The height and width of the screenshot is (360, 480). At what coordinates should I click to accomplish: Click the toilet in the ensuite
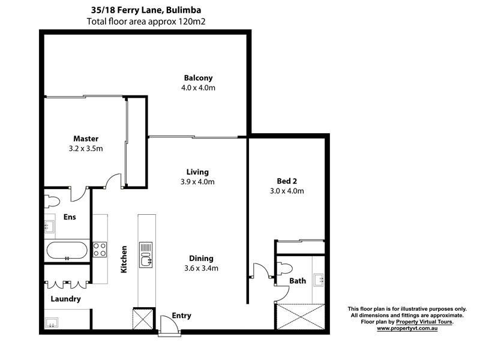52,199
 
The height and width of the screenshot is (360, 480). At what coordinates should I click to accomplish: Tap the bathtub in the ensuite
67,251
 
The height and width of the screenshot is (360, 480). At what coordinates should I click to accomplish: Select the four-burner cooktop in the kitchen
100,248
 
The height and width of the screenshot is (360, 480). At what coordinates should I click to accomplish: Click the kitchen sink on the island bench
145,254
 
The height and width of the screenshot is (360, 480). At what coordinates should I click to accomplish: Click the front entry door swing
169,328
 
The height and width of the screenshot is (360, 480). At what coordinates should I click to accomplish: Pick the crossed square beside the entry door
143,318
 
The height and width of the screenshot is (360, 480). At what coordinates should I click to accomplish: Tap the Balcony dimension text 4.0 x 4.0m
198,88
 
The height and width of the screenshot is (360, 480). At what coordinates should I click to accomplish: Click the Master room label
86,139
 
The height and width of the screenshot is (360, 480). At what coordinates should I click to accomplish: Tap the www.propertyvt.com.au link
406,329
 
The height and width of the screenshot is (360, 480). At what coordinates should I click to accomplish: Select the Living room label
197,171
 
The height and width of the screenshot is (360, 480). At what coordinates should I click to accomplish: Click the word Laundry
65,298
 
